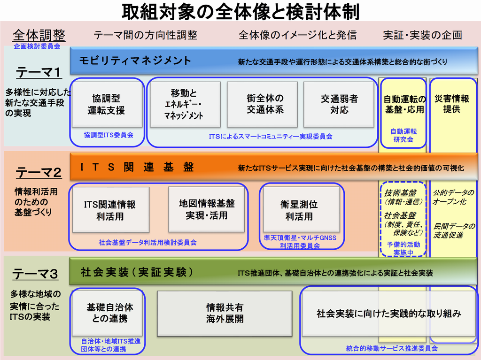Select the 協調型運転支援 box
(x=107, y=104)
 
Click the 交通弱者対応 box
(x=339, y=104)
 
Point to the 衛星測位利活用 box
(x=299, y=210)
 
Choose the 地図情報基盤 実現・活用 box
(x=207, y=209)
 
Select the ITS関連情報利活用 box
(x=110, y=210)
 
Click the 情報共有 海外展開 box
(x=225, y=313)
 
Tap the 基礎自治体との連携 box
(x=109, y=313)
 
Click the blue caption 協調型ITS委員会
(x=109, y=135)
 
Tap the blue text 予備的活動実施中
(x=403, y=249)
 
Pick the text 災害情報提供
(x=451, y=104)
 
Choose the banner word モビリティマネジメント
(x=135, y=61)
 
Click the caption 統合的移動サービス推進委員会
(x=392, y=349)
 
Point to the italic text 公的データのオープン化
(x=454, y=197)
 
